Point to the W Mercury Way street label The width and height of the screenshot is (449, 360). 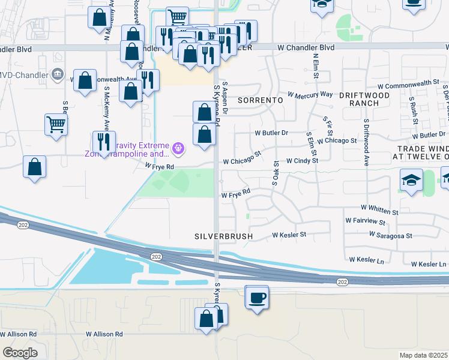click(x=310, y=95)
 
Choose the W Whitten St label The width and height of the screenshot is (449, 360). click(x=379, y=212)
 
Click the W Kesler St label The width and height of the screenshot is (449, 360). click(x=289, y=235)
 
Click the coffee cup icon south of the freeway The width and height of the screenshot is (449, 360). click(x=257, y=298)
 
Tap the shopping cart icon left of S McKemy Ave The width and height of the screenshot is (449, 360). click(x=56, y=125)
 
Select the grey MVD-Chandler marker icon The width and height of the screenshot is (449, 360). click(x=58, y=75)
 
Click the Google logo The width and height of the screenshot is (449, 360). click(x=20, y=353)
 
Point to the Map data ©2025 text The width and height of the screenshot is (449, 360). click(x=423, y=355)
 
